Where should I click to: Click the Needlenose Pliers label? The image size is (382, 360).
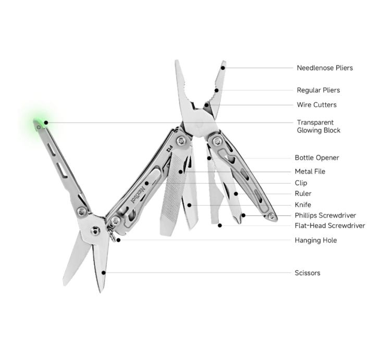[325, 68]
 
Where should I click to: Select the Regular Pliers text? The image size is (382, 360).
[318, 90]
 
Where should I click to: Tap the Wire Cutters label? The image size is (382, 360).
[316, 105]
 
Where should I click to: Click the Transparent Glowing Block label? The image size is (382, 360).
[318, 126]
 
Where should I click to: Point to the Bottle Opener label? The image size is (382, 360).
[317, 158]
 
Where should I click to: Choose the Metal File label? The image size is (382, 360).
[310, 172]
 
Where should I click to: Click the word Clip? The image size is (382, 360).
[301, 183]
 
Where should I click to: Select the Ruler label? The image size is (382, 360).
[303, 194]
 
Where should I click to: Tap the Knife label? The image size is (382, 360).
[303, 205]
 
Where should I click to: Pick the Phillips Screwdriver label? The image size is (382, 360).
[325, 215]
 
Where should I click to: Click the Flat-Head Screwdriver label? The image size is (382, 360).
[330, 225]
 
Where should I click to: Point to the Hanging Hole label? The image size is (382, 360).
[316, 240]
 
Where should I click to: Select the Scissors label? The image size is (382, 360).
[307, 273]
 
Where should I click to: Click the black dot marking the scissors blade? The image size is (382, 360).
[104, 273]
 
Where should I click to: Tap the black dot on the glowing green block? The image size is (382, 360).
[46, 123]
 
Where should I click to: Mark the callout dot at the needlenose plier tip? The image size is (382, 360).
[223, 68]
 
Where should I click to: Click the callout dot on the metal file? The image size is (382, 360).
[180, 172]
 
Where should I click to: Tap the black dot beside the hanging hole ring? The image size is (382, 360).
[118, 240]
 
